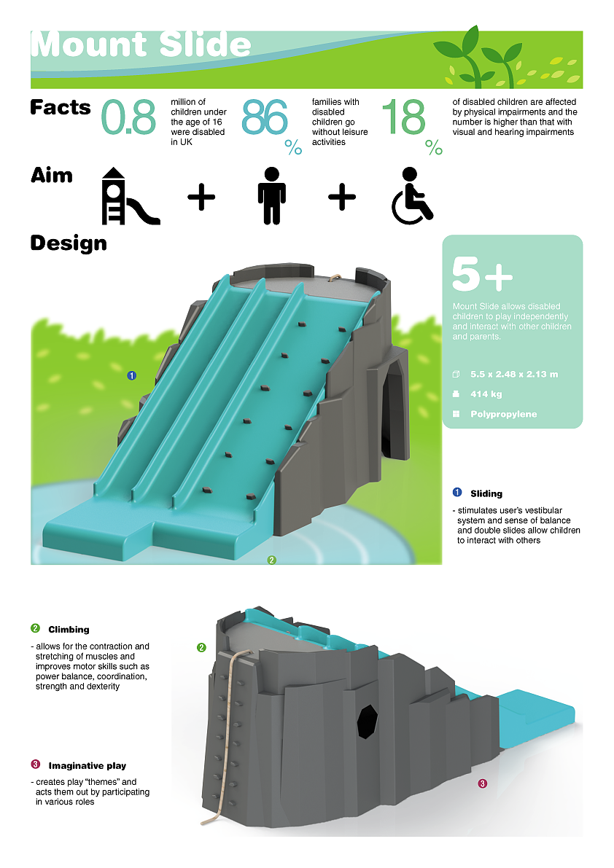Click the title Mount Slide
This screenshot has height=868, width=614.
(x=141, y=45)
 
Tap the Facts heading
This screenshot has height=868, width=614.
(x=61, y=108)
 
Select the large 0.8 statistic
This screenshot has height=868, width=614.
(x=129, y=118)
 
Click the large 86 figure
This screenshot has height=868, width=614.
(x=265, y=118)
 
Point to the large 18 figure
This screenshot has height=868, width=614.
(x=403, y=118)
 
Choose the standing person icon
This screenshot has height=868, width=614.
(x=271, y=195)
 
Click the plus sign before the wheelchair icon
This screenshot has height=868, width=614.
(x=342, y=197)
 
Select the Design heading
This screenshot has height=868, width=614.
(x=69, y=243)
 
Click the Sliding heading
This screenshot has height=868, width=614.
(x=486, y=493)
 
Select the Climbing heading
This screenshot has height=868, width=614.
(x=69, y=629)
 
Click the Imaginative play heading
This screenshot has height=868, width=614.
(x=87, y=765)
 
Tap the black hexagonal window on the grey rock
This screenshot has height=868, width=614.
(x=368, y=721)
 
